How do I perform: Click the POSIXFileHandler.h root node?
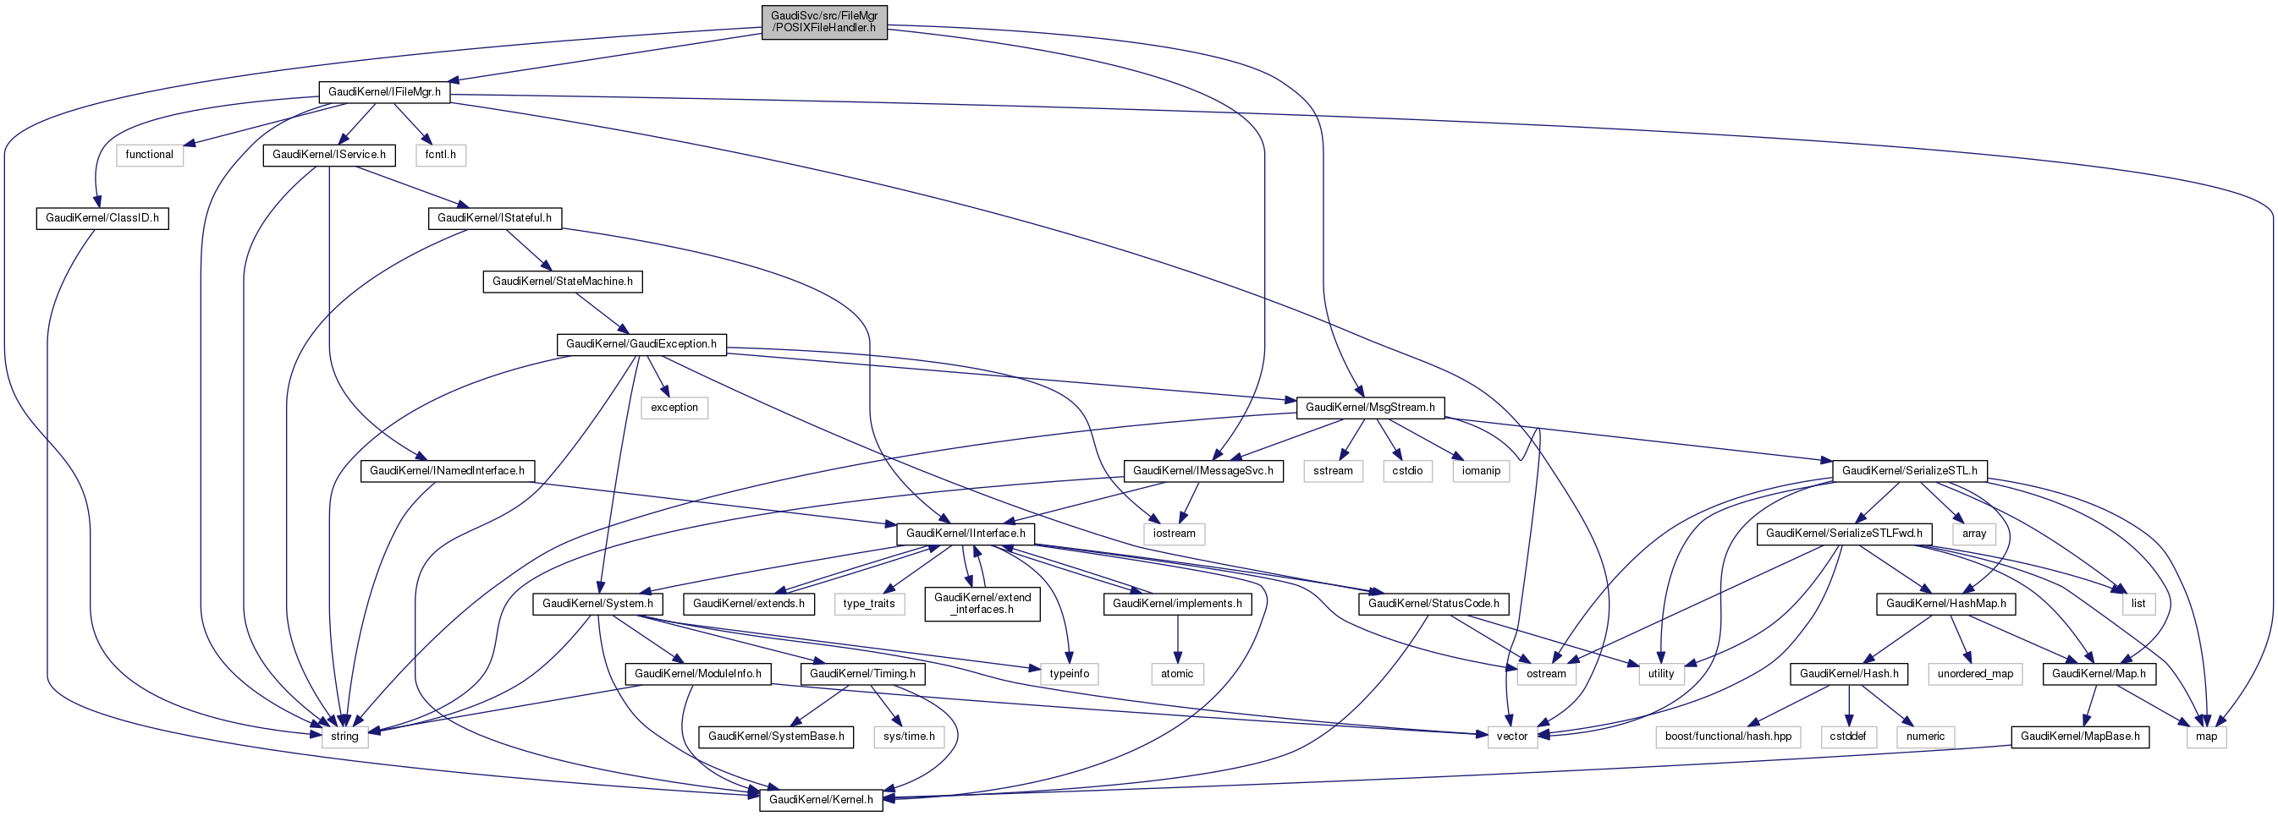click(x=824, y=22)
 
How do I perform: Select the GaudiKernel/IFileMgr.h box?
click(x=384, y=92)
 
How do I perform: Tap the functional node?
click(x=150, y=155)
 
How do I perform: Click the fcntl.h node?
click(x=440, y=155)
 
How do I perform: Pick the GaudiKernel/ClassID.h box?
click(x=102, y=218)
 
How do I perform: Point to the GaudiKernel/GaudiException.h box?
click(x=641, y=344)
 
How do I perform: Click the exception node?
click(x=674, y=408)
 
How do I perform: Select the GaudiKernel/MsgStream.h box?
click(x=1370, y=408)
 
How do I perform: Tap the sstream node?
click(x=1333, y=471)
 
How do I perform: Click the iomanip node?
click(x=1480, y=471)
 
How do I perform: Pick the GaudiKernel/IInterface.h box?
click(x=966, y=534)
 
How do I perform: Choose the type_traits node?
click(x=868, y=604)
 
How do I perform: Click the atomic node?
click(x=1177, y=674)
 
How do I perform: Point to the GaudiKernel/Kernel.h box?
click(x=821, y=800)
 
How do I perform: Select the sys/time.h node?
click(x=909, y=737)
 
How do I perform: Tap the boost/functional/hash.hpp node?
click(x=1728, y=737)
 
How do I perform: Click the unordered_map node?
click(x=1975, y=674)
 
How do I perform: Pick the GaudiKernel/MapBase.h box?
click(x=2080, y=737)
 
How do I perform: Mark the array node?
click(x=1974, y=534)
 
